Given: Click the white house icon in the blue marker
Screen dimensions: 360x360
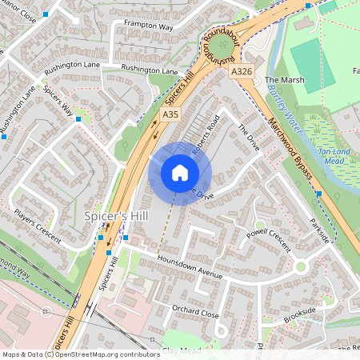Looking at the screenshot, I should coord(180,172).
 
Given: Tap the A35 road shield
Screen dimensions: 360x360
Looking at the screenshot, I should coord(169,115).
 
